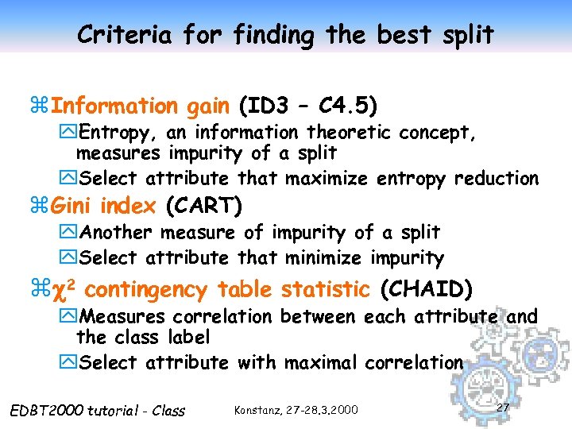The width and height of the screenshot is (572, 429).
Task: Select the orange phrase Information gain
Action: [x=141, y=106]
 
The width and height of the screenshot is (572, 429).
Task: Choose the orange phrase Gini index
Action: [x=104, y=207]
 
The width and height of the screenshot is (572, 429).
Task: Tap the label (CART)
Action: [x=202, y=207]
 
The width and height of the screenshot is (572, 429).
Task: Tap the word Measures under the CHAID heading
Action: [x=123, y=317]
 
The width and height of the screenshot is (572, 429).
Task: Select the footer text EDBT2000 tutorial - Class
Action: [x=95, y=411]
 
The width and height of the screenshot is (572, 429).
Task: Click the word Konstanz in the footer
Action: [x=257, y=410]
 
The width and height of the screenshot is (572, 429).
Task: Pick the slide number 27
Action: [x=502, y=408]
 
